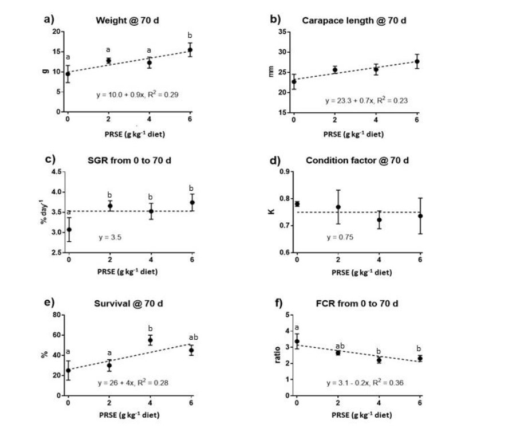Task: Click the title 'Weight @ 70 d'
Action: [x=125, y=21]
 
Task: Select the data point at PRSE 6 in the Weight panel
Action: [x=190, y=50]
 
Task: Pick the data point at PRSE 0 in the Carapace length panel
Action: [x=294, y=81]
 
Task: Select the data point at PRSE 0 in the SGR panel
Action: [x=68, y=229]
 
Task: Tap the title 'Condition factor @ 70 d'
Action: [x=357, y=160]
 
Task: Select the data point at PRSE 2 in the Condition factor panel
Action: [x=338, y=207]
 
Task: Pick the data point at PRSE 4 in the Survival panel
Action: [x=150, y=340]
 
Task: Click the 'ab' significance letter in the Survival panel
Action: [x=191, y=337]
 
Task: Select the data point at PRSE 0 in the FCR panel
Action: [x=297, y=341]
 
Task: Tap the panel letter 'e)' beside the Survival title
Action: [x=50, y=303]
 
